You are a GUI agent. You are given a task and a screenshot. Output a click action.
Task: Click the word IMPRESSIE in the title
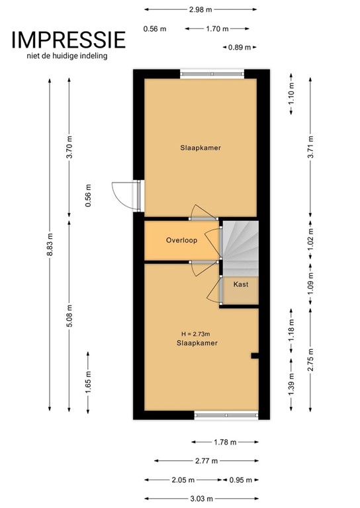pos(68,40)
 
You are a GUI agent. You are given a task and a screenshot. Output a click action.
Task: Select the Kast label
pos(240,284)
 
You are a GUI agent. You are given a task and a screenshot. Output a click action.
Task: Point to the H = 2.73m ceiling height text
pos(198,333)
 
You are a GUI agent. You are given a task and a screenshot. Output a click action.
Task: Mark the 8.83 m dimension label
pos(49,244)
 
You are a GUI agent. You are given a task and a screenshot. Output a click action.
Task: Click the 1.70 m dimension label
pos(217,28)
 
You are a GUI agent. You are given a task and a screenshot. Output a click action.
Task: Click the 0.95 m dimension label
pos(239,480)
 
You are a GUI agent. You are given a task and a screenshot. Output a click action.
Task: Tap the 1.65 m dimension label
pos(88,383)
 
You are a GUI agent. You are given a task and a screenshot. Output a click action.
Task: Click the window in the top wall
pos(212,74)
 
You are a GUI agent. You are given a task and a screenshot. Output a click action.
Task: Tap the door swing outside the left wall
pos(122,195)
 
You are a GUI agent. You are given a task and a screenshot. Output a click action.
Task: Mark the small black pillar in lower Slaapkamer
pos(254,357)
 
